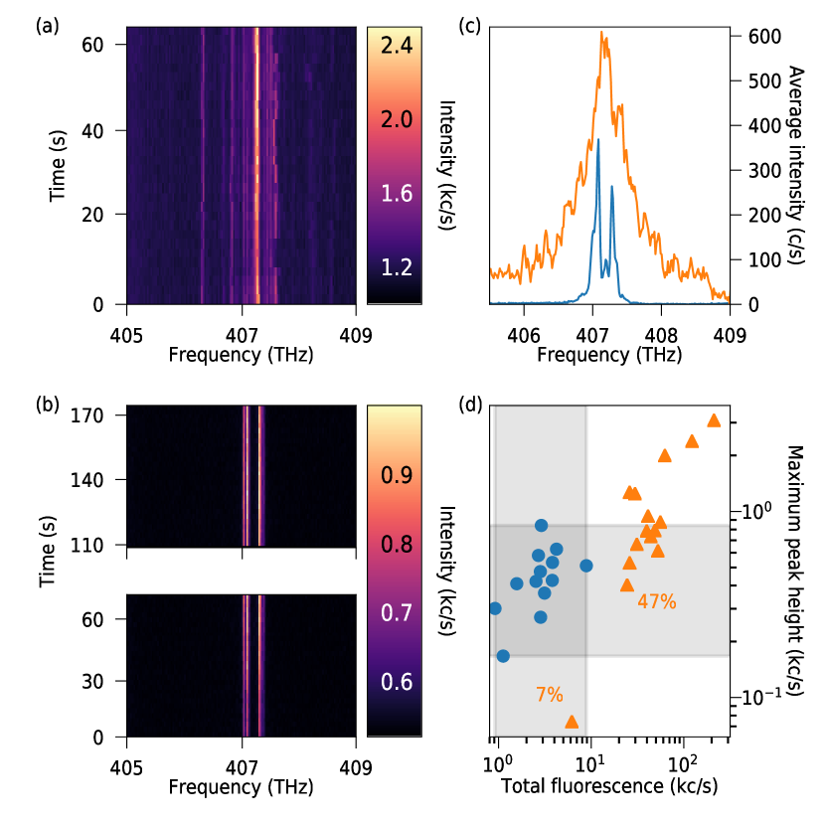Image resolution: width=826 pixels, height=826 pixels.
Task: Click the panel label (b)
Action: coord(47,405)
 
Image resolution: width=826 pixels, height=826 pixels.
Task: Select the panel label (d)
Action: coord(469,405)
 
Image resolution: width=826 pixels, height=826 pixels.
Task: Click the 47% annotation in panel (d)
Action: coord(657,601)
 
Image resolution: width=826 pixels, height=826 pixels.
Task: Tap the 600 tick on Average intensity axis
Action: coord(749,37)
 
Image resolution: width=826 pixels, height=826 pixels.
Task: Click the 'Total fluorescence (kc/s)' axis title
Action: coord(611,785)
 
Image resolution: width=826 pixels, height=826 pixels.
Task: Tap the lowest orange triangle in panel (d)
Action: coord(572,722)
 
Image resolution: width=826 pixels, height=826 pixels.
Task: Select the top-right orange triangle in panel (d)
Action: coord(714,420)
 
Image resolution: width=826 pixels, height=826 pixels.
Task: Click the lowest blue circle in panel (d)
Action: coord(503,656)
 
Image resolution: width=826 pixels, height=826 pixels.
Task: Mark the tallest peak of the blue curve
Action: coord(598,140)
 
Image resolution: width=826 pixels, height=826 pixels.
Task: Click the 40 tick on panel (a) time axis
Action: coord(109,130)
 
